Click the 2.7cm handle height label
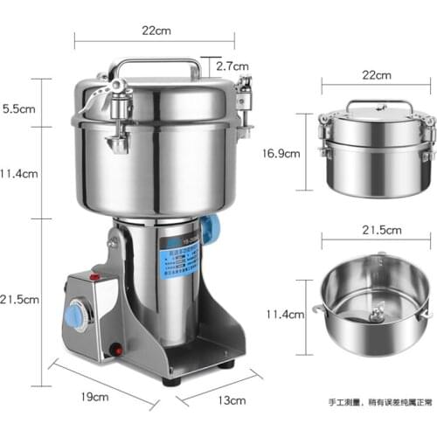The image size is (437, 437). click(x=232, y=65)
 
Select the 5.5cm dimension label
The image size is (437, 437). click(x=18, y=110)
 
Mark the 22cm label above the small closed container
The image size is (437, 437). click(x=378, y=76)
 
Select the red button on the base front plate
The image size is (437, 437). click(x=114, y=351)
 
